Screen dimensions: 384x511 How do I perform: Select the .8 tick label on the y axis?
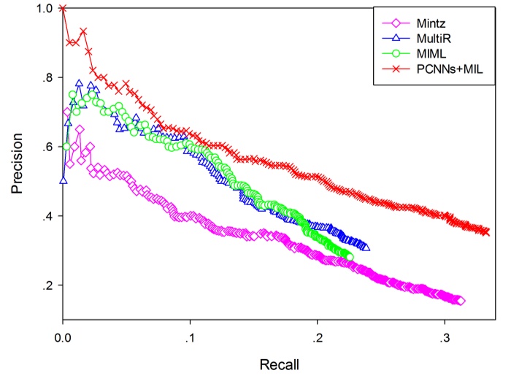point(49,78)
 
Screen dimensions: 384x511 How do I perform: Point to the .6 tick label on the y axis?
point(49,147)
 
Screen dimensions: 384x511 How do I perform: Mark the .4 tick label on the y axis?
point(49,217)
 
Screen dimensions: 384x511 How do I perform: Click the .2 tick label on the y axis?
point(49,285)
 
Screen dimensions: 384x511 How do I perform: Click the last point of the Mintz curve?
point(461,301)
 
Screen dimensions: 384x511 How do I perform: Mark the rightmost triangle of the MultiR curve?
point(366,247)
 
